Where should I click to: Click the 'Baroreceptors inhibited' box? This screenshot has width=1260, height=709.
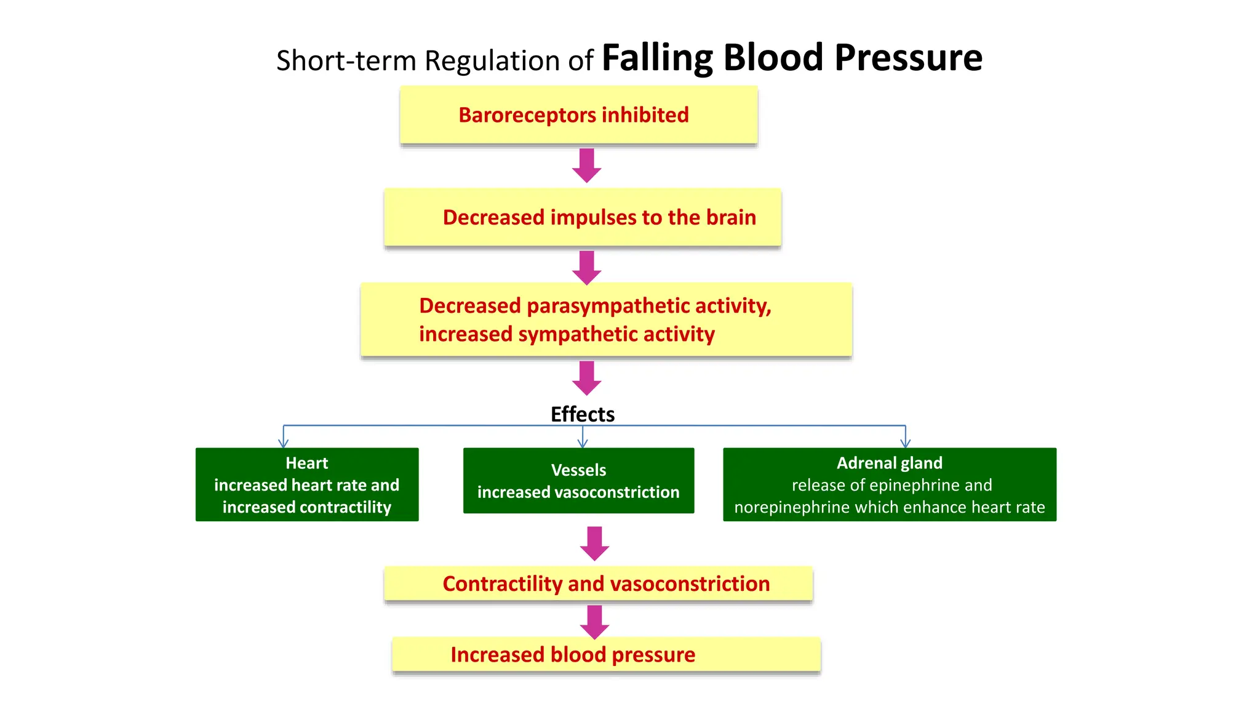[x=578, y=115]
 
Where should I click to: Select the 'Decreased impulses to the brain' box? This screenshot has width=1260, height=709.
[x=582, y=217]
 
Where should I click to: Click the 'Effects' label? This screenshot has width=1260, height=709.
[x=582, y=414]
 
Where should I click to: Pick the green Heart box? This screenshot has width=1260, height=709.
[x=307, y=484]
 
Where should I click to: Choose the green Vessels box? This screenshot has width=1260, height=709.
[x=578, y=481]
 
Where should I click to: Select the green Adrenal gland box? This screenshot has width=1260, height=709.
[x=889, y=484]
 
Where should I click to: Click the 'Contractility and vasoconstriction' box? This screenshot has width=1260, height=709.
[x=598, y=583]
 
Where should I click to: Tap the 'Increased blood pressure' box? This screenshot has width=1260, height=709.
[x=606, y=654]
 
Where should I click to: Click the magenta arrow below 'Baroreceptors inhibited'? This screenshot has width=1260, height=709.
[x=587, y=165]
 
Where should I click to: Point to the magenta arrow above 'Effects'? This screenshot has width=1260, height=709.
[x=587, y=378]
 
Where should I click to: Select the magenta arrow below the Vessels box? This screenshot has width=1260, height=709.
[x=594, y=543]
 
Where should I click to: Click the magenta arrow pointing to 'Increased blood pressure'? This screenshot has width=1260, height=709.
[x=594, y=622]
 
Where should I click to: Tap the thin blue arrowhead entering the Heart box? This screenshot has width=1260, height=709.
[x=283, y=443]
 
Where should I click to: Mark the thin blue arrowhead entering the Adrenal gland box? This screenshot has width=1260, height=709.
[x=905, y=443]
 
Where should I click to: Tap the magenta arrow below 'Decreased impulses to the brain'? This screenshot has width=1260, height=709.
[x=587, y=267]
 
